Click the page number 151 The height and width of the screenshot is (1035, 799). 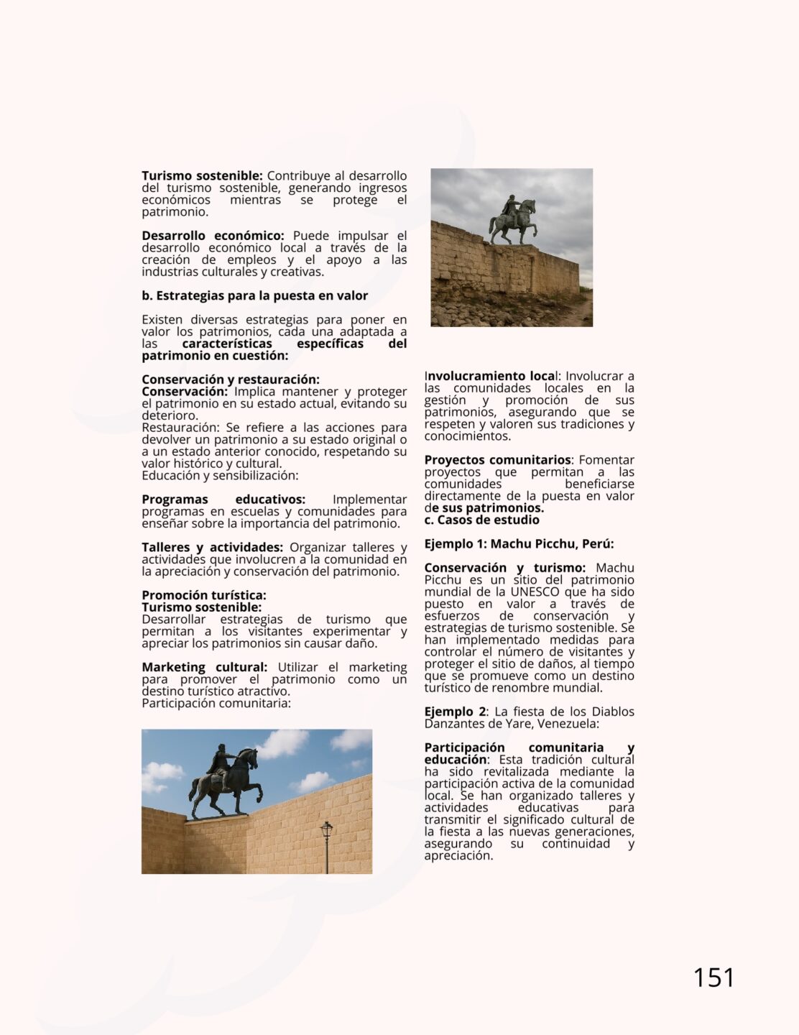tap(713, 977)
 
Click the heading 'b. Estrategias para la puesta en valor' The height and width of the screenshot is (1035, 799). tap(254, 295)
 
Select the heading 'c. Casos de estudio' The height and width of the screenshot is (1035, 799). tap(481, 520)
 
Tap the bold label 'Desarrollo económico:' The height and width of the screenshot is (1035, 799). tap(213, 236)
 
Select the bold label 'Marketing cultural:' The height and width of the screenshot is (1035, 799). tap(204, 667)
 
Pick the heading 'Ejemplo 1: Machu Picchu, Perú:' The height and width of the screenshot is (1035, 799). tap(519, 543)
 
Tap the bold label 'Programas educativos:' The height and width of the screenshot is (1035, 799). tap(223, 500)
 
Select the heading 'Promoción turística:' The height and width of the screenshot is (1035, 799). tap(203, 595)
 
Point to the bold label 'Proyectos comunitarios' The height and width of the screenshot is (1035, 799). tap(498, 460)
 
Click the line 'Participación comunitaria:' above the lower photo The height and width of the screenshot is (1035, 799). tap(216, 703)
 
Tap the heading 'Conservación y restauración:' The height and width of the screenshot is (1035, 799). tap(230, 379)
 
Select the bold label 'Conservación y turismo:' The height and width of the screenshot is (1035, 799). tap(504, 568)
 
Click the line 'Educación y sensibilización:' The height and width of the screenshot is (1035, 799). tap(220, 475)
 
